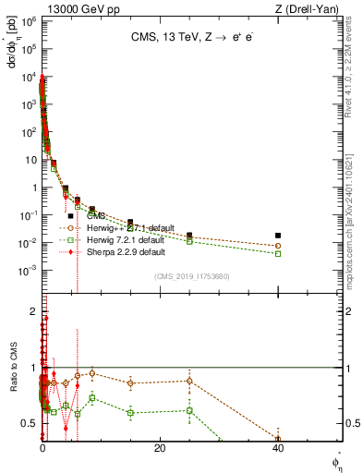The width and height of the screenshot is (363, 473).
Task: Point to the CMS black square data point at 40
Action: [x=278, y=236]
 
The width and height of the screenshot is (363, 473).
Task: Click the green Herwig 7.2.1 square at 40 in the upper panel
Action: [x=278, y=253]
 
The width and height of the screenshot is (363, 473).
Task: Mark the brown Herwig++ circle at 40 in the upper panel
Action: [x=278, y=246]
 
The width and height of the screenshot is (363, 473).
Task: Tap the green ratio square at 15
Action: [x=130, y=412]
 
